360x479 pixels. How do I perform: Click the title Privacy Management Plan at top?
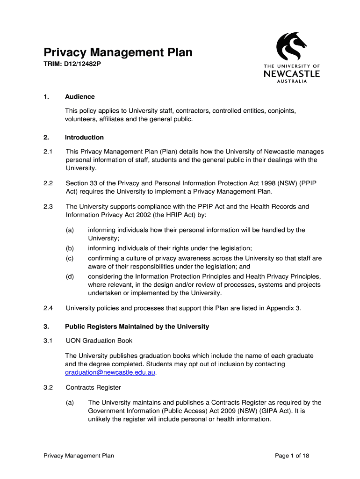118,52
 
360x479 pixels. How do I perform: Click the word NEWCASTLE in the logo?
291,73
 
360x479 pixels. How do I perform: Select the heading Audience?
80,96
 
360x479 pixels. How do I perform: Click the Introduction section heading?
84,138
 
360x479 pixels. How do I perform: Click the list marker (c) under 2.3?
70,258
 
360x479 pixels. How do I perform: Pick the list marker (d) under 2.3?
70,276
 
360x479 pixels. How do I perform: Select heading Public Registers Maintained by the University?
137,327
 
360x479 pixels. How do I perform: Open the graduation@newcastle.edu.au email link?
110,373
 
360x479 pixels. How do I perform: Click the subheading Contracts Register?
94,387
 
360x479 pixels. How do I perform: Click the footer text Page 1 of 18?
292,456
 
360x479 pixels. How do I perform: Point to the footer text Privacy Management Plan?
79,456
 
